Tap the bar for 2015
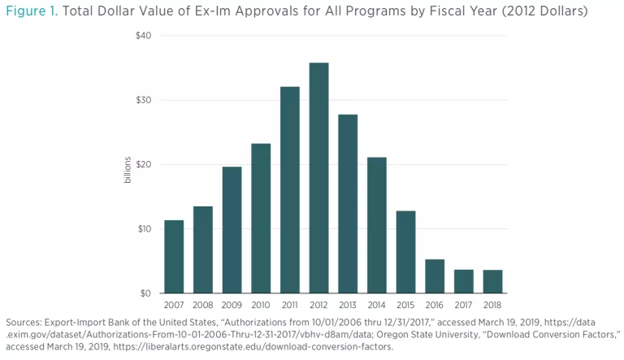(405, 252)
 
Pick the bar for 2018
(492, 281)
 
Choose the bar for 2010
(261, 218)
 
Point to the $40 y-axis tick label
(143, 36)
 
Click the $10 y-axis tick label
(143, 228)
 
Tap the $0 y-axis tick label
(145, 293)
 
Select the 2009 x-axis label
(232, 306)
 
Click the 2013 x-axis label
(348, 306)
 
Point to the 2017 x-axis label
(463, 306)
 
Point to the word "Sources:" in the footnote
(25, 323)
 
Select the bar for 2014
(376, 224)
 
